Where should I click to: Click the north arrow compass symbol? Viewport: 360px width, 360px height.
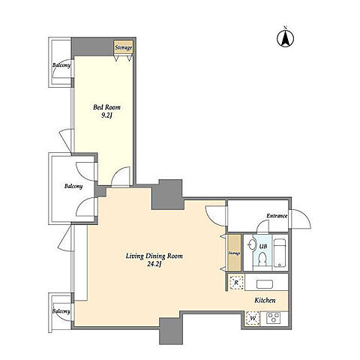pyautogui.click(x=285, y=38)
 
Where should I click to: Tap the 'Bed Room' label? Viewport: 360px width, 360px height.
pyautogui.click(x=106, y=107)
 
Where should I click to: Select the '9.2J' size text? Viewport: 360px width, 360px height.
pyautogui.click(x=106, y=115)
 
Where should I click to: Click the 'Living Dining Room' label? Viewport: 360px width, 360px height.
pyautogui.click(x=154, y=256)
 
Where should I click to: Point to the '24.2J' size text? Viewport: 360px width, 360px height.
pyautogui.click(x=154, y=265)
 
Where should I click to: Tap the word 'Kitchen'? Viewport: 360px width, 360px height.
pyautogui.click(x=265, y=300)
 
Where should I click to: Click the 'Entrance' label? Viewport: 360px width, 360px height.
pyautogui.click(x=277, y=216)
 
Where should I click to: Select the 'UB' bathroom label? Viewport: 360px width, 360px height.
pyautogui.click(x=263, y=247)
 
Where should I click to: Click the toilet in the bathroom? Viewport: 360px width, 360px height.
pyautogui.click(x=262, y=259)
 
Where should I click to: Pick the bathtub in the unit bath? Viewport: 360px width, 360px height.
pyautogui.click(x=280, y=253)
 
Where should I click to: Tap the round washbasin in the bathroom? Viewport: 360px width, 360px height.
pyautogui.click(x=251, y=244)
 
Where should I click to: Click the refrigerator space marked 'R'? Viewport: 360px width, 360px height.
pyautogui.click(x=236, y=283)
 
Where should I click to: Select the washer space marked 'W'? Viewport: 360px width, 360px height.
pyautogui.click(x=253, y=319)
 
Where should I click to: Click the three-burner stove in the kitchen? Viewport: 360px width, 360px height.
pyautogui.click(x=273, y=318)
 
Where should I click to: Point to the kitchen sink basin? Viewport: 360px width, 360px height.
pyautogui.click(x=265, y=285)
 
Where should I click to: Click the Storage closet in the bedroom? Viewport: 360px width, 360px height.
pyautogui.click(x=123, y=47)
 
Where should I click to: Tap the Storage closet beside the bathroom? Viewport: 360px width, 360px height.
pyautogui.click(x=235, y=253)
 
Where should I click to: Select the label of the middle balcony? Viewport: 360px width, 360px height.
pyautogui.click(x=73, y=186)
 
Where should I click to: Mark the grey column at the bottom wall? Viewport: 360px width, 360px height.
pyautogui.click(x=171, y=331)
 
